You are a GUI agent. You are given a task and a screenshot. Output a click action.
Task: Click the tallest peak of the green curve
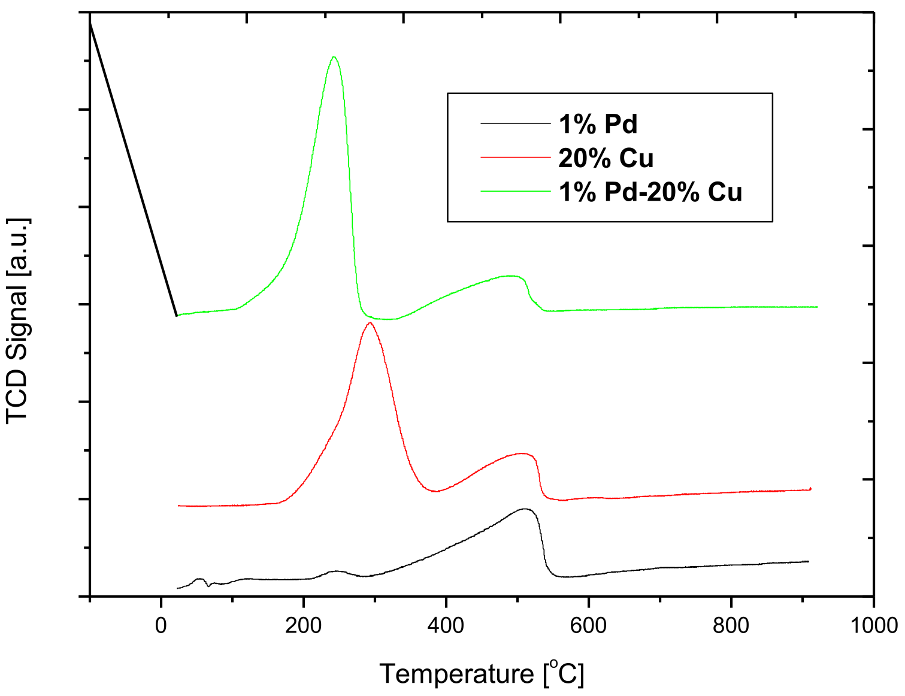click(x=334, y=58)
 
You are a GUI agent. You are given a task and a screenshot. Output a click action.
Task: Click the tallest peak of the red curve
click(x=370, y=323)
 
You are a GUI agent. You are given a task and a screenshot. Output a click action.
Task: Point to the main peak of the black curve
click(x=525, y=509)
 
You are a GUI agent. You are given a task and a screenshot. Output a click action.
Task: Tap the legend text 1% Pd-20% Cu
click(x=650, y=192)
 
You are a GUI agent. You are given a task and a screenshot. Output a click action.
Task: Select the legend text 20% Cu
click(x=606, y=158)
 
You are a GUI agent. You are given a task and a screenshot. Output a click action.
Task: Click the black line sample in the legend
click(x=515, y=123)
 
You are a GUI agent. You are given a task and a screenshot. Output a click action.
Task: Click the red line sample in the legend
click(x=515, y=157)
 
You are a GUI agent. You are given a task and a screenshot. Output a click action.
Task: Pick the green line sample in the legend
click(x=515, y=191)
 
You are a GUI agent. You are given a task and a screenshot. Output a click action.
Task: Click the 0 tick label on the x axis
click(x=161, y=625)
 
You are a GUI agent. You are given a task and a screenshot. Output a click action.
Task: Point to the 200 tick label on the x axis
click(x=303, y=625)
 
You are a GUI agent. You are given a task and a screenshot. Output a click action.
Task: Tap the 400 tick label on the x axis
click(x=446, y=625)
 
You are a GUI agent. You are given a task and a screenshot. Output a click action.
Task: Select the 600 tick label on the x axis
click(x=588, y=625)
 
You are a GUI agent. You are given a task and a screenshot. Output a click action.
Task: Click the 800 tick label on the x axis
click(x=731, y=625)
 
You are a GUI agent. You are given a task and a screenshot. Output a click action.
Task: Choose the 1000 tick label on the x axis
click(x=873, y=625)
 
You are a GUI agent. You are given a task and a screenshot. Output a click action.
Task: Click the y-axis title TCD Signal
click(x=18, y=320)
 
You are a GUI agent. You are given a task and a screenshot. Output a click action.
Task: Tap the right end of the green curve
click(x=816, y=307)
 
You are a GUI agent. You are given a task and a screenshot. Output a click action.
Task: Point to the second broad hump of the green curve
click(x=509, y=276)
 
